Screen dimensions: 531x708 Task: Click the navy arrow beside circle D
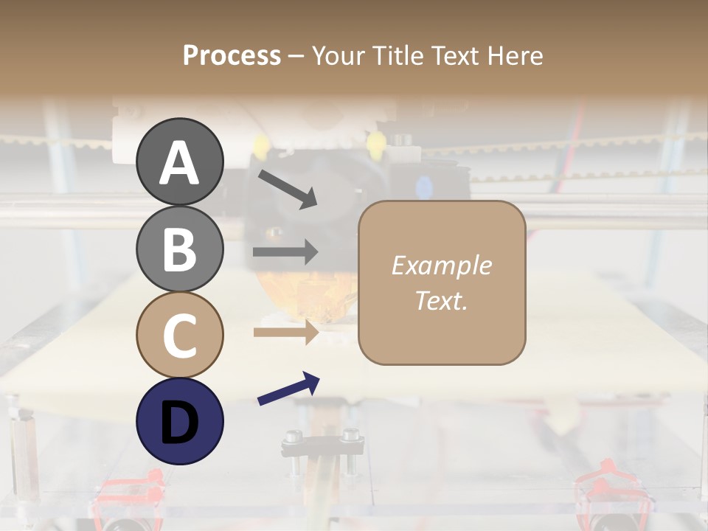point(288,389)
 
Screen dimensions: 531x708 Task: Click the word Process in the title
point(232,56)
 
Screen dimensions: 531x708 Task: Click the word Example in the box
point(441,265)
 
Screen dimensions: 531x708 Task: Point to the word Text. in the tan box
point(441,301)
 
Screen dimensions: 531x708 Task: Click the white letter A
point(179,163)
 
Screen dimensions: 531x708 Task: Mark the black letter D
point(179,422)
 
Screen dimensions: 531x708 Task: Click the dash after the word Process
point(296,56)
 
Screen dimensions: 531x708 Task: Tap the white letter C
point(179,336)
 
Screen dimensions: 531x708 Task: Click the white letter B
point(179,249)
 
